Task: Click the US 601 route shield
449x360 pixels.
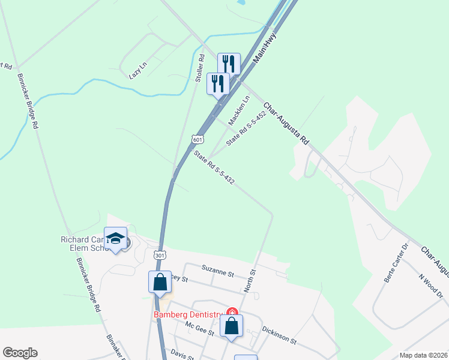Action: (x=198, y=139)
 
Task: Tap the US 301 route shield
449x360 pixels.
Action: (x=159, y=256)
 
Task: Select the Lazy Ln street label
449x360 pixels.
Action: (x=137, y=71)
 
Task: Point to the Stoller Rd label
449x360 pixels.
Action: (x=200, y=68)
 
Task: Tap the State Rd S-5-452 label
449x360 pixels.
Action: (x=246, y=128)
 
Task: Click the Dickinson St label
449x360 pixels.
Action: (x=280, y=335)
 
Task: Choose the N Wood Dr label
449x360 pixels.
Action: (x=430, y=286)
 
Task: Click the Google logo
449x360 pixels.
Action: (x=20, y=353)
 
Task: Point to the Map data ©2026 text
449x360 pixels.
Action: (x=423, y=355)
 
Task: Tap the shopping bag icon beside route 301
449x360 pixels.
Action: (x=160, y=281)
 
